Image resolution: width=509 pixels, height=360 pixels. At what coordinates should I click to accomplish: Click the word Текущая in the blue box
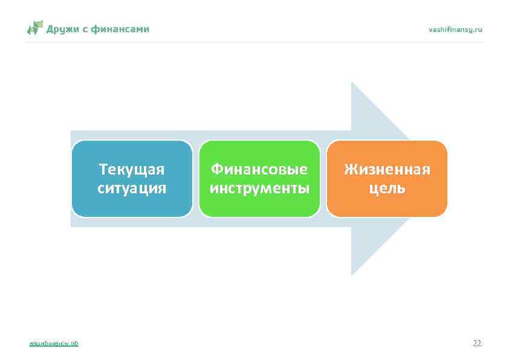132,169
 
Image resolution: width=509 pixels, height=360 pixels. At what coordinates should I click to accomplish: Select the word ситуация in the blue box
132,188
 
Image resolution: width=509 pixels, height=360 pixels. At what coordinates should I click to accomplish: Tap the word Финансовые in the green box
259,169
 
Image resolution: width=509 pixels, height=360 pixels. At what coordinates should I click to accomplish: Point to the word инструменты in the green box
259,188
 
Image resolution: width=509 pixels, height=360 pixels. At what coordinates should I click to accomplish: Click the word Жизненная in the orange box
387,169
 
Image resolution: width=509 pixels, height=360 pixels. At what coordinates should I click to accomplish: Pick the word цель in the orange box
387,188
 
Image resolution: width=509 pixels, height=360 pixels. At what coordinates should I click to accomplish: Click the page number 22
477,343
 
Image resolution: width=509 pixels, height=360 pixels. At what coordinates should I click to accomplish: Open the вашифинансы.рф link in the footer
54,344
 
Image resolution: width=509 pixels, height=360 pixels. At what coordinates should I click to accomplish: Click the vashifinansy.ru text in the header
455,29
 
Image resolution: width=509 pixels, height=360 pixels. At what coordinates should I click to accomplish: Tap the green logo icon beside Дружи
35,28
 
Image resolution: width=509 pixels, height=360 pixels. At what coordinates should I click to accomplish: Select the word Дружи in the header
63,28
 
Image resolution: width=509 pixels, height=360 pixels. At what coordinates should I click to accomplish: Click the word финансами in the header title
123,28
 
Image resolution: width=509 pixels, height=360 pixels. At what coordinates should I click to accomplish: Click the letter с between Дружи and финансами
86,29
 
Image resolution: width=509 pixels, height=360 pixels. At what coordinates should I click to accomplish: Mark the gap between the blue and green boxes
196,179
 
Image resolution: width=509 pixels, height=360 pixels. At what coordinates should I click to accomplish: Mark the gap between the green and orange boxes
323,179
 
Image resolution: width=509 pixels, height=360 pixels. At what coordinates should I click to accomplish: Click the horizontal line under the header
254,42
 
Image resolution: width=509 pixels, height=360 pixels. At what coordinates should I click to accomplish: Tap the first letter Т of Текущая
103,169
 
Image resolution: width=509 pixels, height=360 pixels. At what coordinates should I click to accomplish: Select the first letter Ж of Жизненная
349,169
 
